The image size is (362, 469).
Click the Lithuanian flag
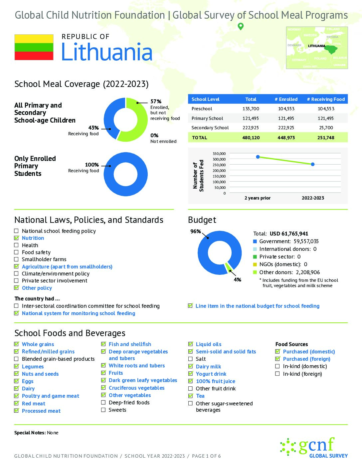tap(34, 47)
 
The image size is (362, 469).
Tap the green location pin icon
tap(241, 26)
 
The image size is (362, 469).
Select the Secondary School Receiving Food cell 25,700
tap(326, 128)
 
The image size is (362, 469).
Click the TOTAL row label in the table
tap(200, 138)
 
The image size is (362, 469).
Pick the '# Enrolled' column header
tap(286, 99)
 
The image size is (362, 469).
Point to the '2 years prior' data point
tap(258, 157)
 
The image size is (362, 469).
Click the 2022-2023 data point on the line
tap(313, 164)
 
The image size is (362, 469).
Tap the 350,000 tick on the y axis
tap(219, 154)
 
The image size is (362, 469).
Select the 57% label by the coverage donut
tap(156, 101)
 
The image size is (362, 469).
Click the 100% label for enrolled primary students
tap(92, 165)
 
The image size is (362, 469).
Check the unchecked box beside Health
tap(16, 245)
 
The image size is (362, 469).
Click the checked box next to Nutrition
tap(16, 238)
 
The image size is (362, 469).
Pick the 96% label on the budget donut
tap(196, 232)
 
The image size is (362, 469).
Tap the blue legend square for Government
tap(255, 241)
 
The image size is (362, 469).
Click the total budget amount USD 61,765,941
tap(289, 234)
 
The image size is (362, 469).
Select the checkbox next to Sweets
tap(103, 410)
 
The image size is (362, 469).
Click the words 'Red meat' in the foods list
tap(34, 404)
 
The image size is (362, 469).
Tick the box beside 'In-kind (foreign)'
tap(277, 374)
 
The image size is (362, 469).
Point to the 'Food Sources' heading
tap(291, 344)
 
